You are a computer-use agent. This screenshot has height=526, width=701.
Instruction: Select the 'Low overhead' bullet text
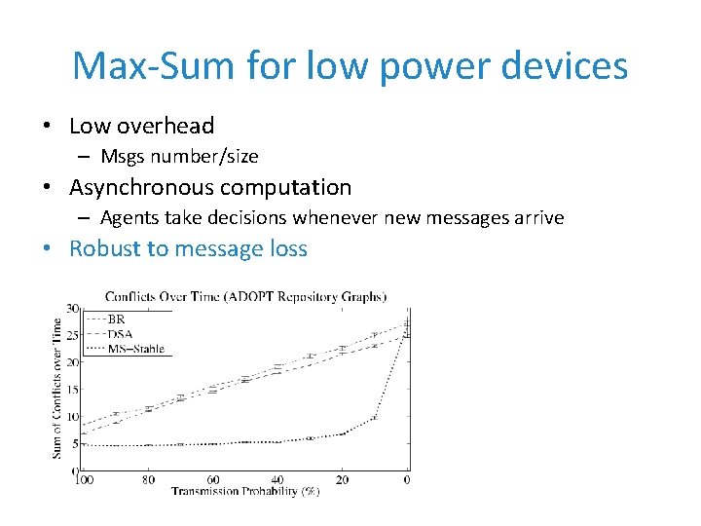[x=141, y=126]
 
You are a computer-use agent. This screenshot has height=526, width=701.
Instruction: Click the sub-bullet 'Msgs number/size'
[x=179, y=156]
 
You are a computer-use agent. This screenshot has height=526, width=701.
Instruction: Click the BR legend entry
[x=116, y=319]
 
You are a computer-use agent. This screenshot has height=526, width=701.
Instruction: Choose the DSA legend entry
[x=120, y=333]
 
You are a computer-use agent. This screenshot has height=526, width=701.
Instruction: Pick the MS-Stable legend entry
[x=134, y=348]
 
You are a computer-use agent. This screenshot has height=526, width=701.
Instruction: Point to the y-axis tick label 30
[x=72, y=309]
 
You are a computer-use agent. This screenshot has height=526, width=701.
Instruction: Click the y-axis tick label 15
[x=72, y=390]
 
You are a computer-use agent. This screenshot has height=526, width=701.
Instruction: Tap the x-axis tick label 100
[x=84, y=480]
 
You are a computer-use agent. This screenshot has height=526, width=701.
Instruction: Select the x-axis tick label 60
[x=213, y=480]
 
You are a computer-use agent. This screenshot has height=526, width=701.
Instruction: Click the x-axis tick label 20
[x=342, y=480]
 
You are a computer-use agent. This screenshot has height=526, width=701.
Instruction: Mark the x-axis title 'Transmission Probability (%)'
[x=245, y=492]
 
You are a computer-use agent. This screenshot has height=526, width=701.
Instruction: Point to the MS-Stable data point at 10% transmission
[x=375, y=418]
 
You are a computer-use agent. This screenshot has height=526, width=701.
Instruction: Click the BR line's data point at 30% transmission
[x=310, y=357]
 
